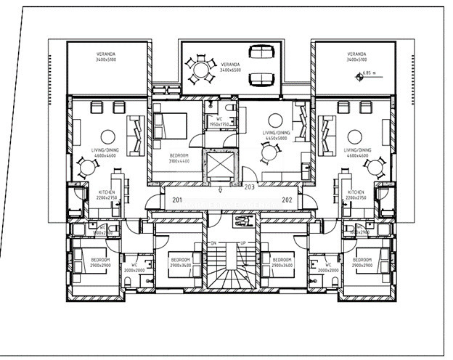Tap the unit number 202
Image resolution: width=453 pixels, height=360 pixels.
click(287, 200)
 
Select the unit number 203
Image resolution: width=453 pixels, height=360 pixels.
click(249, 187)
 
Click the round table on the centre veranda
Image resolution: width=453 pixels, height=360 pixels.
click(199, 70)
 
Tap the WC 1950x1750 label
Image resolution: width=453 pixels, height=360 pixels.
click(219, 122)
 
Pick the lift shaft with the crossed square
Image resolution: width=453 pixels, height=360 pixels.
click(220, 166)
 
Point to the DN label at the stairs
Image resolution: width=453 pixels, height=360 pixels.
click(213, 244)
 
